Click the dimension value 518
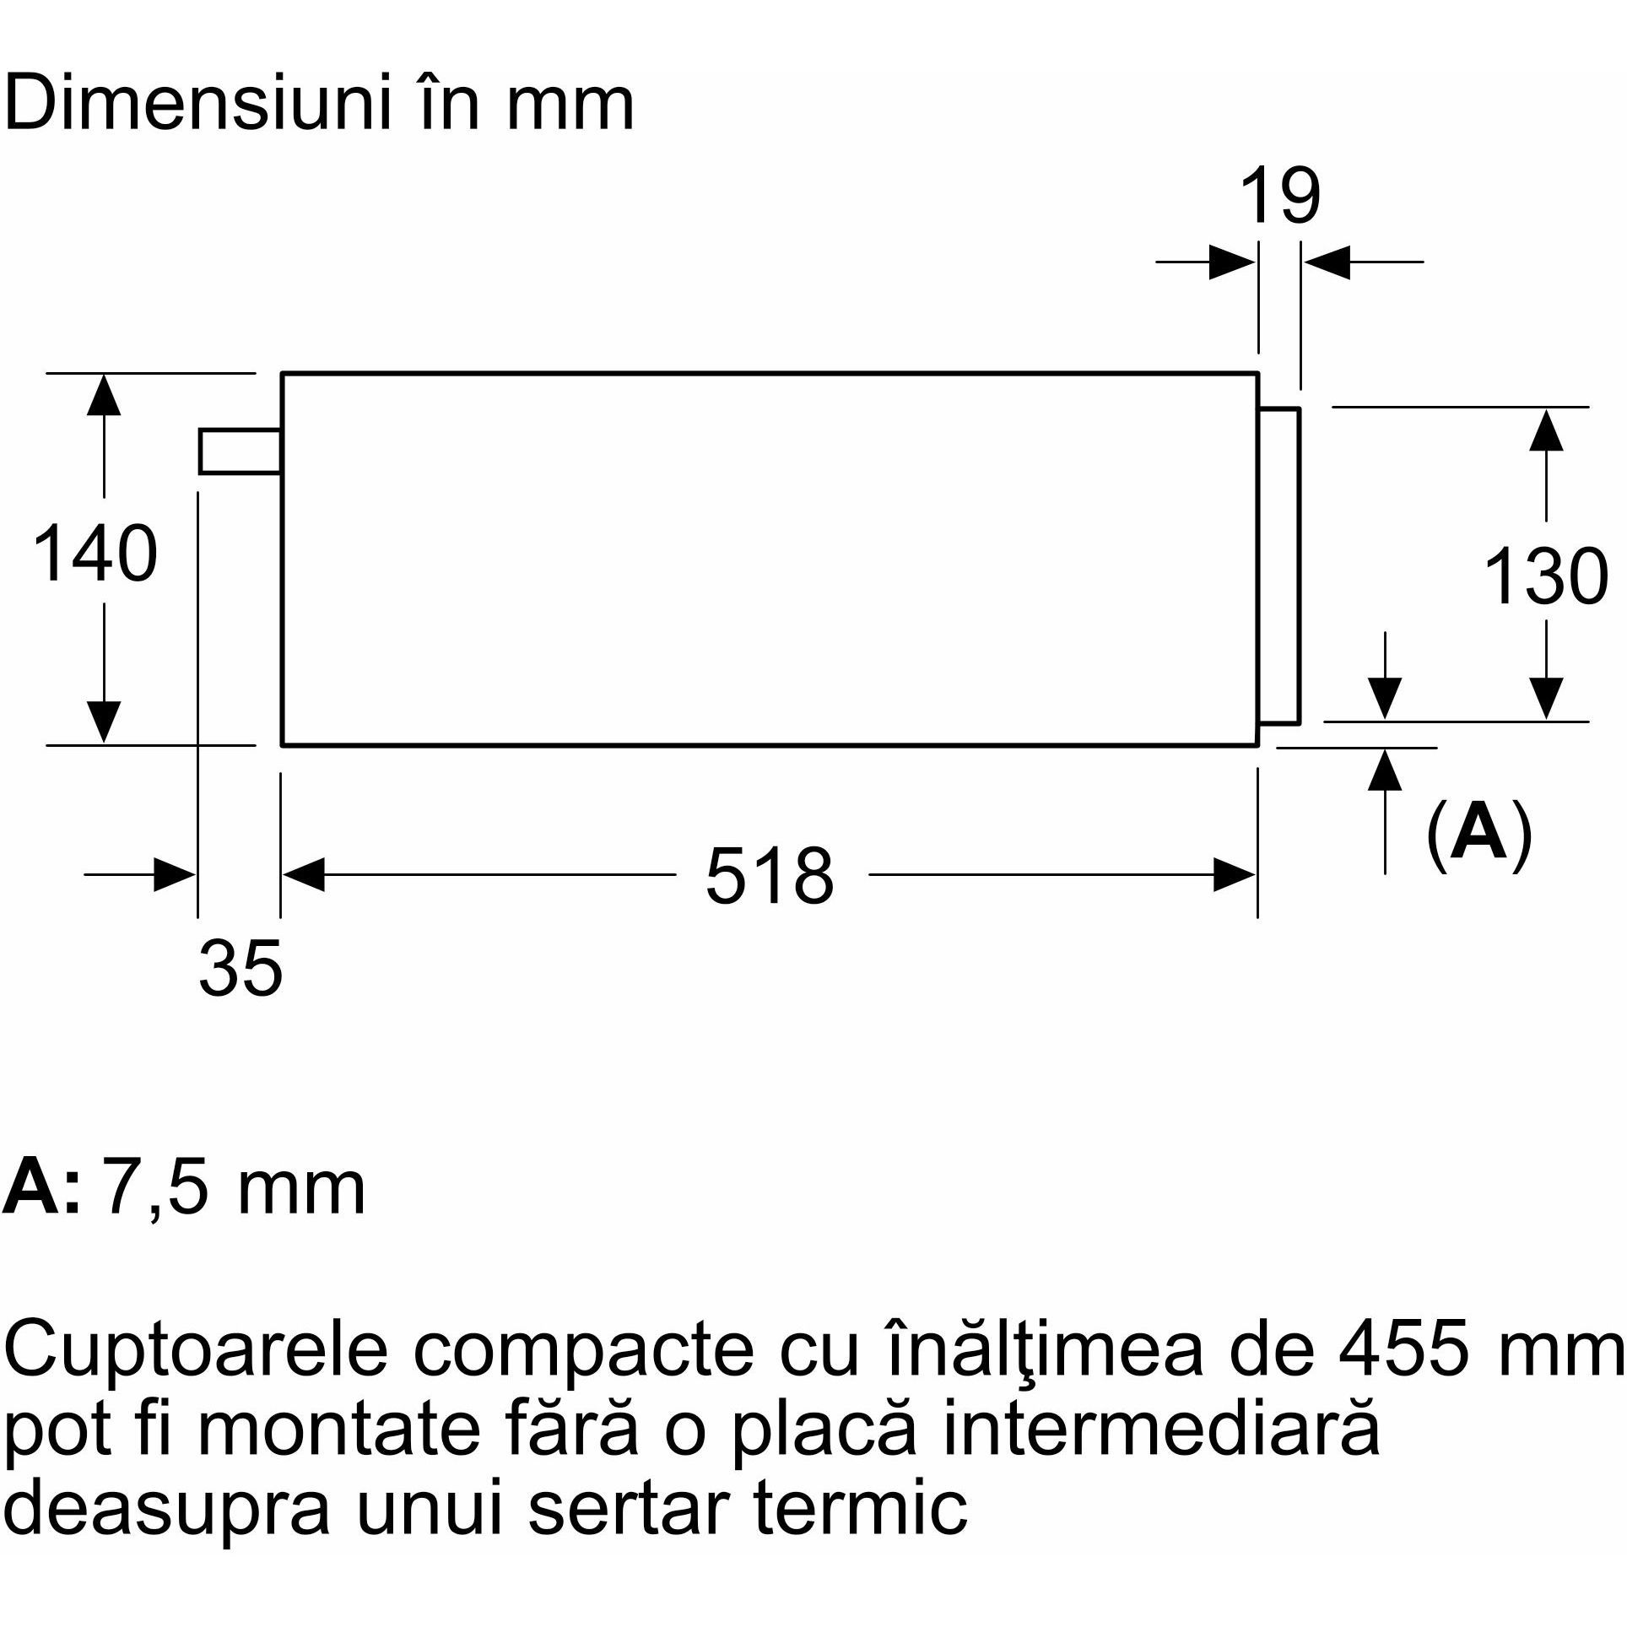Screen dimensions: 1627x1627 pos(770,876)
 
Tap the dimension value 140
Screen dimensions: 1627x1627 pos(95,554)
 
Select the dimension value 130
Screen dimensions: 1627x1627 pos(1545,576)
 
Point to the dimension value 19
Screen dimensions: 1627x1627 pos(1279,196)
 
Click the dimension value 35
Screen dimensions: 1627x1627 pos(241,969)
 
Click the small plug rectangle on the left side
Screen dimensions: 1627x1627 pos(241,451)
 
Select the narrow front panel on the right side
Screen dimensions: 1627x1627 pos(1279,565)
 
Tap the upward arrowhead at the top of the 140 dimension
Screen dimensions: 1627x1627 pos(103,395)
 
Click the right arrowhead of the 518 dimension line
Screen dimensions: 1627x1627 pos(1235,875)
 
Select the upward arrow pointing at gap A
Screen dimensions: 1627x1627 pos(1385,811)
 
